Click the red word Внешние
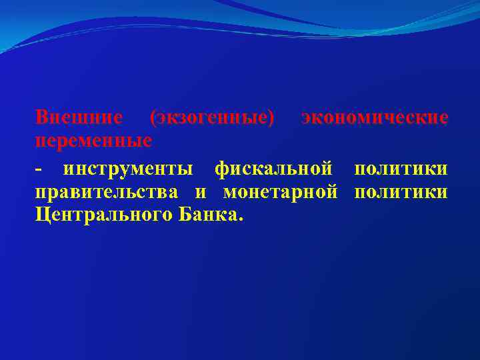[x=79, y=117]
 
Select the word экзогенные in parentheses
[x=213, y=117]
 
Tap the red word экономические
[x=374, y=117]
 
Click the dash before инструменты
[x=39, y=169]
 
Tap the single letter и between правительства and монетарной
[x=201, y=193]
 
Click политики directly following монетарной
[x=401, y=193]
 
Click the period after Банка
[x=240, y=220]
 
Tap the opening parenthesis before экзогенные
[x=154, y=118]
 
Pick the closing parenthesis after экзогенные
[x=271, y=118]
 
